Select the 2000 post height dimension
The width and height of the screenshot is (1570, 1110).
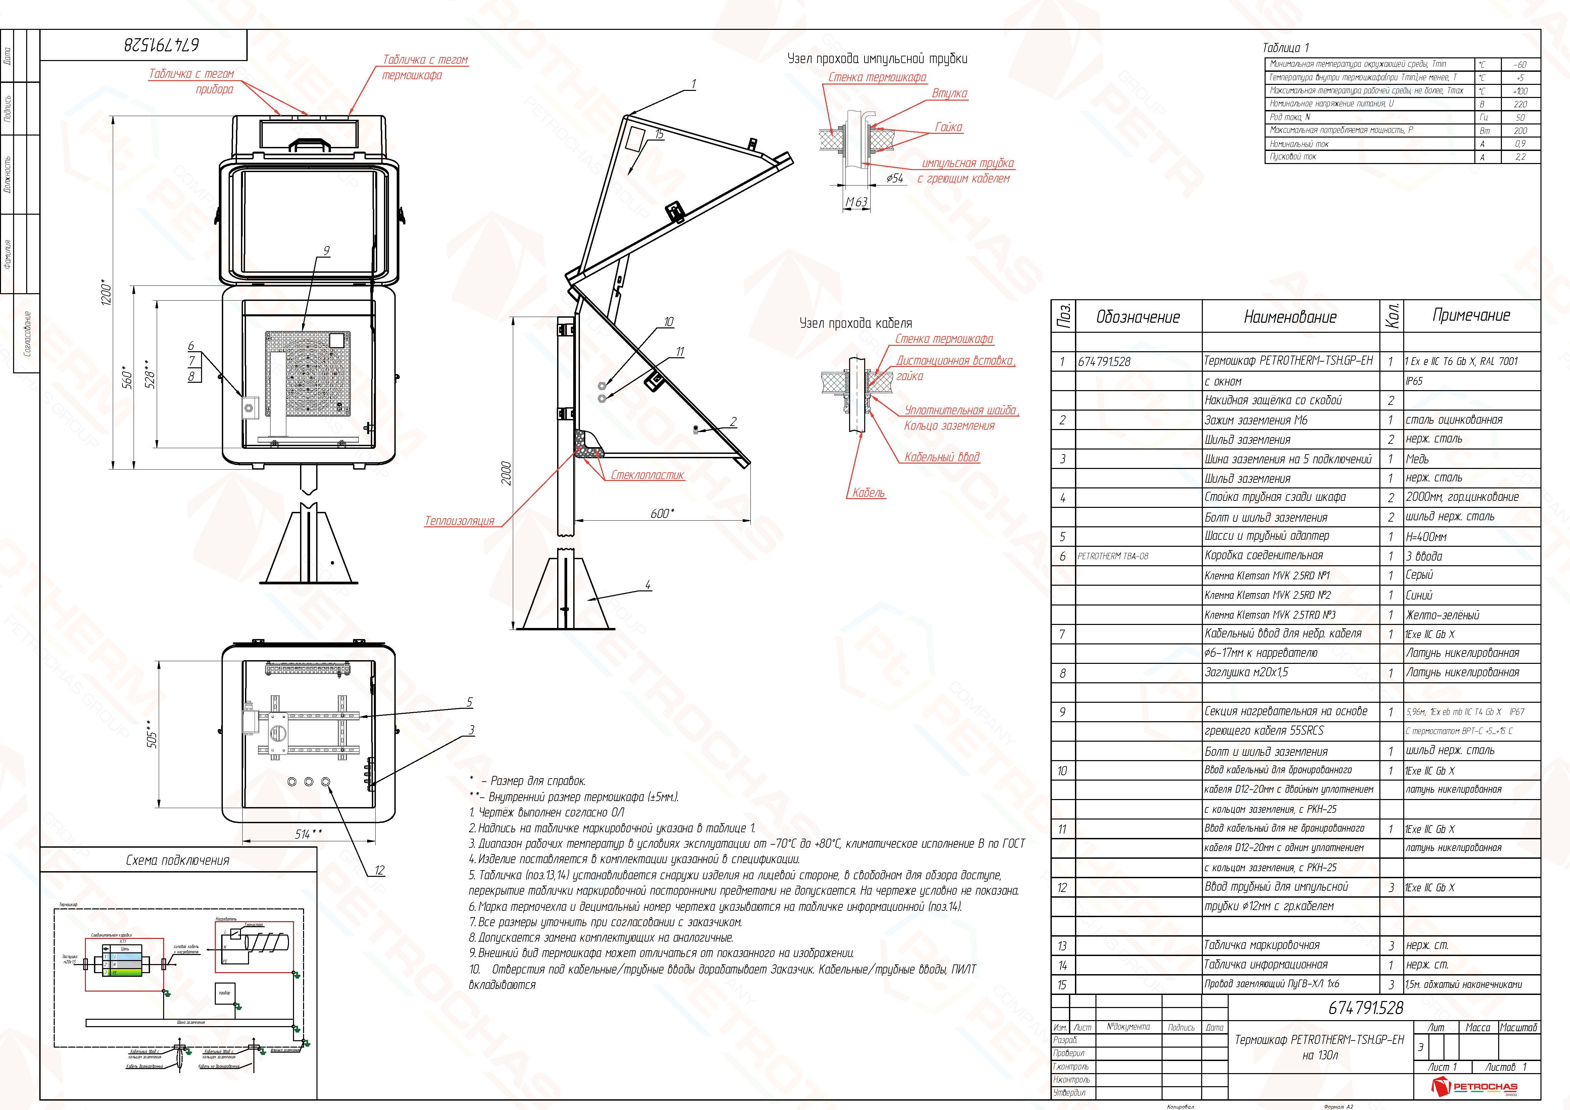click(506, 473)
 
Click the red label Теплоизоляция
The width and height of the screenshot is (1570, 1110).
click(459, 521)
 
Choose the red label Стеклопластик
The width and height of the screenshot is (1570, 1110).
click(647, 475)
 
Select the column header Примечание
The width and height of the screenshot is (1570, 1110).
click(1471, 315)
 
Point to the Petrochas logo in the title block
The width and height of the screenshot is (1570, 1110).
click(1474, 1086)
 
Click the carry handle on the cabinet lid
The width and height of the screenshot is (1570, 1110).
click(310, 144)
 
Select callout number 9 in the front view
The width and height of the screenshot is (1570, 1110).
click(326, 251)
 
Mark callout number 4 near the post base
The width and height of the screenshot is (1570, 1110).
click(647, 585)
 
